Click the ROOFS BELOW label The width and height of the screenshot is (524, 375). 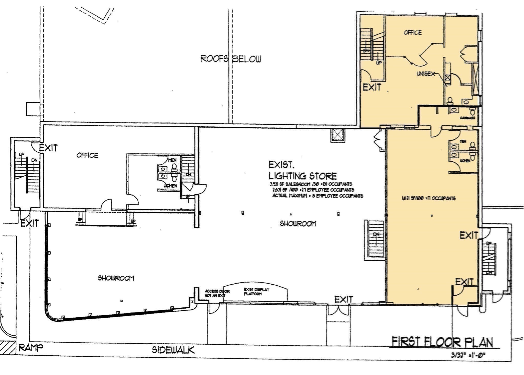point(231,59)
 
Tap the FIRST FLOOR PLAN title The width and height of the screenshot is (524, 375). point(442,342)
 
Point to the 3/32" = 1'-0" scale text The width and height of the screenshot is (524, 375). point(468,355)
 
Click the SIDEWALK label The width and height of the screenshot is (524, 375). point(173,350)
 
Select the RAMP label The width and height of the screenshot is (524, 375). point(31,347)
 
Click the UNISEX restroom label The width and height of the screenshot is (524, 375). point(425,74)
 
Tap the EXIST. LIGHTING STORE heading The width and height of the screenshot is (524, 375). point(302,171)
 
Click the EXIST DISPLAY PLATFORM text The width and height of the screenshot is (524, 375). point(256,292)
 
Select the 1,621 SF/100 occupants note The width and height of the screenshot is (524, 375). point(428,198)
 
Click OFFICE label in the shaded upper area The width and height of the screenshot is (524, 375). point(412,33)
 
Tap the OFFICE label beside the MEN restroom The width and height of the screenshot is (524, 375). point(87,155)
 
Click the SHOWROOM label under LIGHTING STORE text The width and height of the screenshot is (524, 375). point(298,224)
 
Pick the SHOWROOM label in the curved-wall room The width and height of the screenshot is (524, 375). point(116,278)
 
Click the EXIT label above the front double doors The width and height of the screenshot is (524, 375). point(344,299)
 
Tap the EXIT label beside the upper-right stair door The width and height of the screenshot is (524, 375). point(372,87)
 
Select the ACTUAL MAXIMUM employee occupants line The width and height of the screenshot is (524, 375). point(317,196)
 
